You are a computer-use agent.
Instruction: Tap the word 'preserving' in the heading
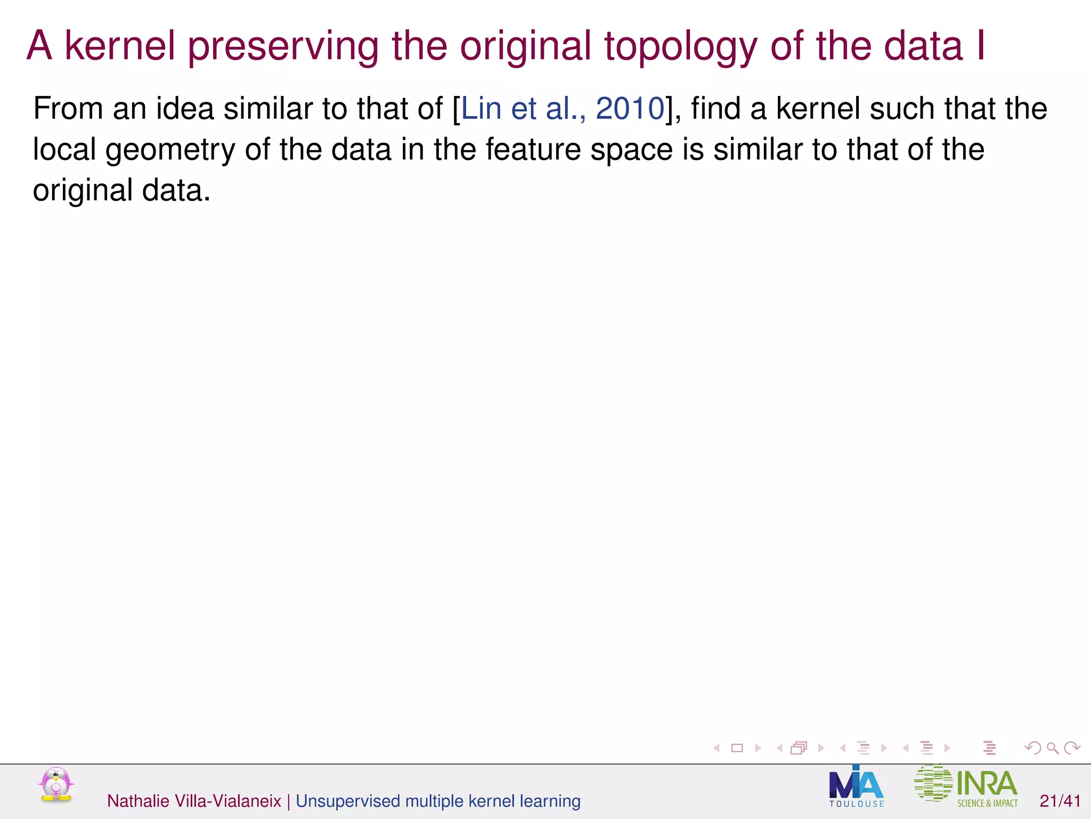click(x=283, y=47)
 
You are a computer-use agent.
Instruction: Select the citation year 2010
click(x=630, y=109)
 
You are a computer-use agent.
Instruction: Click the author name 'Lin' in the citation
click(x=481, y=109)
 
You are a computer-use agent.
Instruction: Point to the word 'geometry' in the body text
click(x=170, y=150)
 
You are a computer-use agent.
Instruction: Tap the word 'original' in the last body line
click(x=83, y=191)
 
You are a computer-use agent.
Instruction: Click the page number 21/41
click(x=1060, y=801)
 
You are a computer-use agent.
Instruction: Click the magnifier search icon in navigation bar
click(x=1052, y=748)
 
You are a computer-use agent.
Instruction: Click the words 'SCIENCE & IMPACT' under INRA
click(x=987, y=804)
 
